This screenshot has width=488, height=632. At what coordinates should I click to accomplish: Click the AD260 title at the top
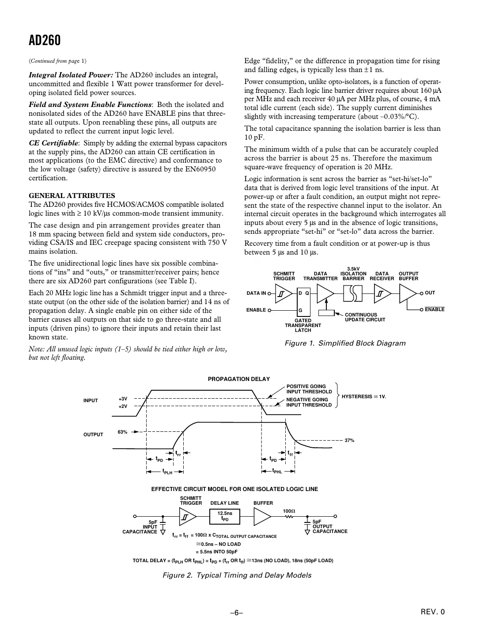(45, 41)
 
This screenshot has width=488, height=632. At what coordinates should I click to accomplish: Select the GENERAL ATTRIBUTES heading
(72, 195)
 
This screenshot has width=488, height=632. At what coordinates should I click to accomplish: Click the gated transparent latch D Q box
(303, 299)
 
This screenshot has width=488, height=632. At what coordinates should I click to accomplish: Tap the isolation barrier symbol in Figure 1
(353, 293)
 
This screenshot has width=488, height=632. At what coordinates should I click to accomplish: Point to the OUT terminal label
(430, 293)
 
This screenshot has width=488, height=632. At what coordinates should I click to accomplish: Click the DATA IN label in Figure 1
(256, 293)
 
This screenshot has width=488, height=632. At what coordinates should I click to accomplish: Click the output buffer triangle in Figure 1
(408, 293)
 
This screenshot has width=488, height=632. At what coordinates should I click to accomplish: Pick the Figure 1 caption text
(345, 343)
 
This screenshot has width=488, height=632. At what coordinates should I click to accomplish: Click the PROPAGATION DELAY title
(238, 379)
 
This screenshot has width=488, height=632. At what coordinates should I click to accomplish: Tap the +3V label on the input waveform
(123, 399)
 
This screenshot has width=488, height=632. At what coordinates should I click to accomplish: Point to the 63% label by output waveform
(122, 432)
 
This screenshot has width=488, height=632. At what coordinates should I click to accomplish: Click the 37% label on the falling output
(349, 440)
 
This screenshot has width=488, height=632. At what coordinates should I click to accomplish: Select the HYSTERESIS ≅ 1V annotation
(364, 396)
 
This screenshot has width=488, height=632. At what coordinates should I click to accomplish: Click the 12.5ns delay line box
(225, 516)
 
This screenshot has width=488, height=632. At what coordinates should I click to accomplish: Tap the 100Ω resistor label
(289, 511)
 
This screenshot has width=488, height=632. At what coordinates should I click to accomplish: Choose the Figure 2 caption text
(237, 575)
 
